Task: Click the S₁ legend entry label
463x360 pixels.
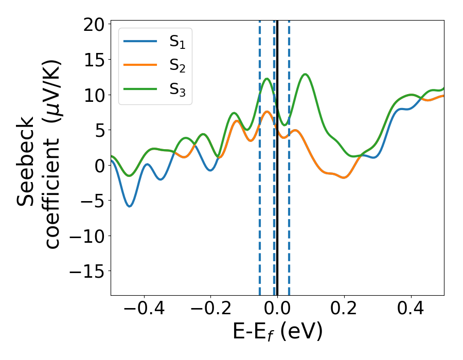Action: click(177, 43)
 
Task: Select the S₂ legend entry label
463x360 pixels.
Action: click(177, 66)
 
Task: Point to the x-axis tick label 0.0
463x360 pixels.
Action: click(277, 310)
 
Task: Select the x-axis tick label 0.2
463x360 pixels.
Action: click(344, 310)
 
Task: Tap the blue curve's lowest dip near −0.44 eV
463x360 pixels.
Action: click(130, 206)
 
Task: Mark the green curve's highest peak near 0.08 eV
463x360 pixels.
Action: click(306, 75)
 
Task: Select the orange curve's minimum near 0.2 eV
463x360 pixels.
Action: click(344, 177)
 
